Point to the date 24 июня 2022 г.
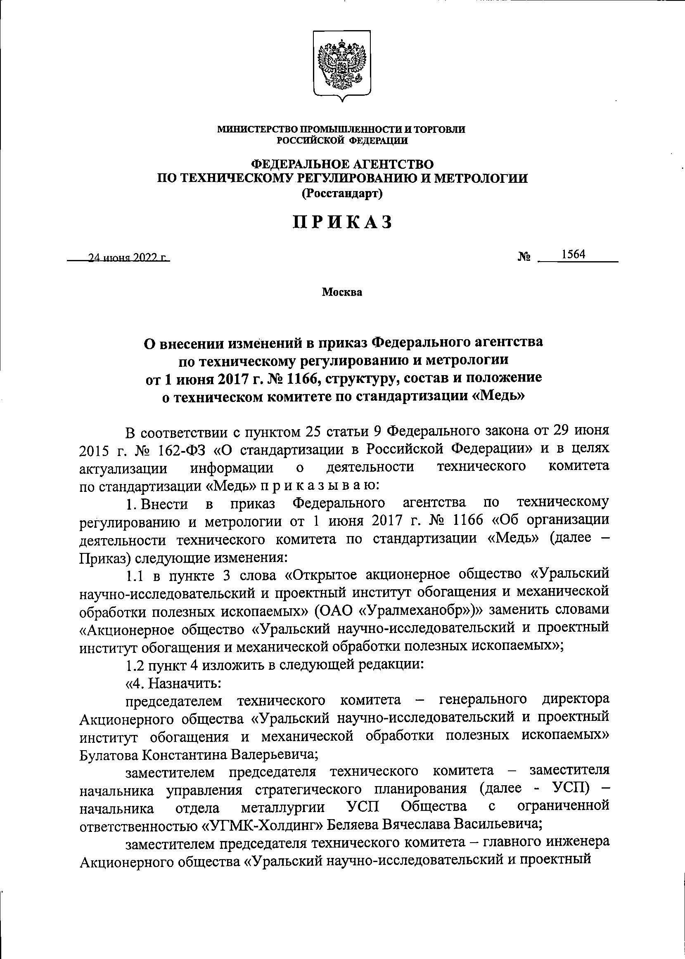coord(126,258)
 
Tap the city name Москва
coord(342,292)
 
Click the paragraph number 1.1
coord(135,575)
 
